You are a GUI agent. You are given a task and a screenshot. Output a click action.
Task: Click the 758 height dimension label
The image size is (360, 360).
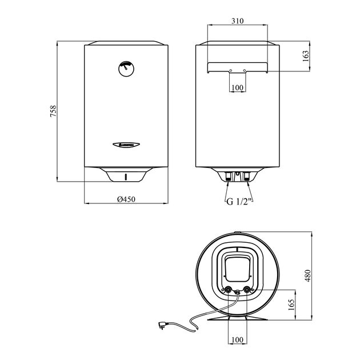pos(53,111)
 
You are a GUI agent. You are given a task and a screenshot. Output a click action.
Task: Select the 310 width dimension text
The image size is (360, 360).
pos(237,21)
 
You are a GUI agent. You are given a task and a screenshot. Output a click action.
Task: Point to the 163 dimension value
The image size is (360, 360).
pos(305,56)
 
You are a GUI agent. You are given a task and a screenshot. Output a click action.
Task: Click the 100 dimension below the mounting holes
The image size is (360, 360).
pos(237,87)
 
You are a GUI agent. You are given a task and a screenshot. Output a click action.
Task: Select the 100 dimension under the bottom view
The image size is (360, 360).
pos(237,341)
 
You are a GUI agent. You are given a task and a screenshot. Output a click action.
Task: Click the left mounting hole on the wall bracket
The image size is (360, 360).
pos(230,71)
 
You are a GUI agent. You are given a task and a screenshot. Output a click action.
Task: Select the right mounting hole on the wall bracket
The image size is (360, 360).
pos(245,71)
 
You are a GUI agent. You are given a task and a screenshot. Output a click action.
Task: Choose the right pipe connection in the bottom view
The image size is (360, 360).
pos(247,290)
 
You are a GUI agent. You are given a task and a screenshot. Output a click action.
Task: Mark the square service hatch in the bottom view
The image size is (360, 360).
pos(237,268)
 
